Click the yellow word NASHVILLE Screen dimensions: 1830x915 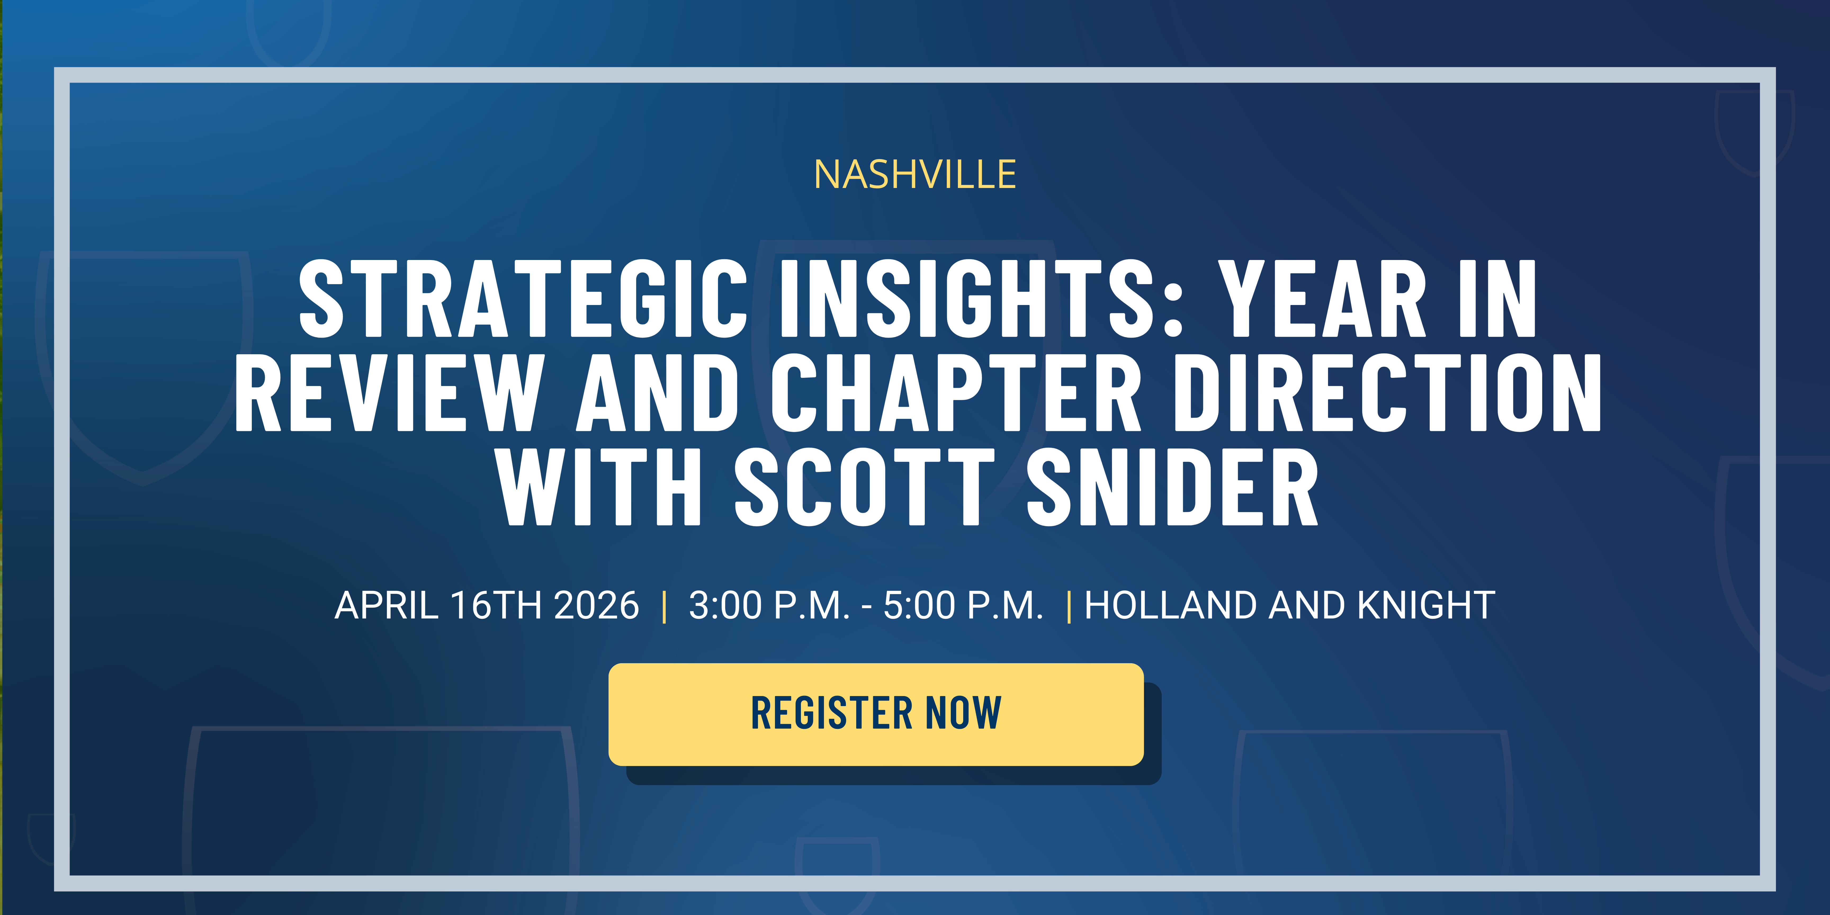point(915,175)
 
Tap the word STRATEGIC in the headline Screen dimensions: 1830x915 point(523,298)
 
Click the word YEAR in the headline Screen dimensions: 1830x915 point(1322,298)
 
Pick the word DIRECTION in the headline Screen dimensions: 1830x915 point(1387,393)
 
